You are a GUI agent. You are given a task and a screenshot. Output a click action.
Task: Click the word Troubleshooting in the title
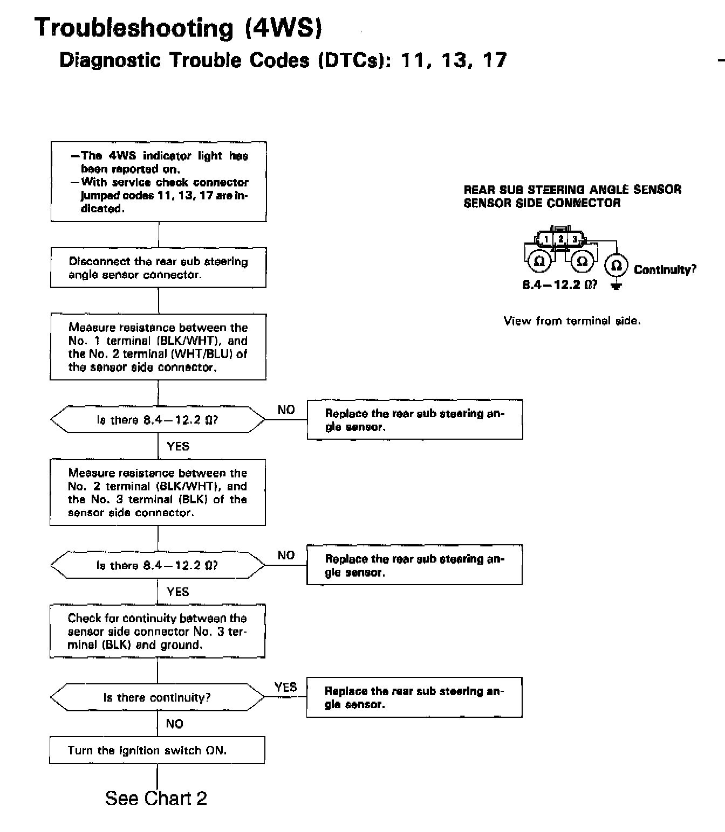pos(134,27)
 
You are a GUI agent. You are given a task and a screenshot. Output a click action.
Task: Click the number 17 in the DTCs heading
pos(495,60)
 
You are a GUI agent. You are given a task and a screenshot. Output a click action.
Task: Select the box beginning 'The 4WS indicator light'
pos(159,182)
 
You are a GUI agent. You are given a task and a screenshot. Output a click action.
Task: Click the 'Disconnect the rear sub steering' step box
pos(158,267)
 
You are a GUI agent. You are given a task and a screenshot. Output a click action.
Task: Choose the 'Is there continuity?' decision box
pos(157,697)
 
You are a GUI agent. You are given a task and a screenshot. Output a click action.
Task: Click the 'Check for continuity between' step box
pos(157,631)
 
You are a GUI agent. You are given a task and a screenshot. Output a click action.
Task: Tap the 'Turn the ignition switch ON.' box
pos(157,750)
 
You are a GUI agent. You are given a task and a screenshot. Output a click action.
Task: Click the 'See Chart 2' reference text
pos(156,798)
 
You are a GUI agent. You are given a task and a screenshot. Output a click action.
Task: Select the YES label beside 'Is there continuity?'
pos(285,687)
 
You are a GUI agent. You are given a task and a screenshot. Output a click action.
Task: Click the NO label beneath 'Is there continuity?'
pos(174,724)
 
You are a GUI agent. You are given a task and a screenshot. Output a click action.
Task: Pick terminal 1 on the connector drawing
pos(546,239)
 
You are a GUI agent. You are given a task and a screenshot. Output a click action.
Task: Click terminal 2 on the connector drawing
pos(560,239)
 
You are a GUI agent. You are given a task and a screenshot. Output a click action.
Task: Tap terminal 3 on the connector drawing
pos(574,239)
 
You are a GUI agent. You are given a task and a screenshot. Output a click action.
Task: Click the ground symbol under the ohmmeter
pos(615,286)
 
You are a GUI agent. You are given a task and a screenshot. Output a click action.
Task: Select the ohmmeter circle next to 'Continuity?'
pos(615,266)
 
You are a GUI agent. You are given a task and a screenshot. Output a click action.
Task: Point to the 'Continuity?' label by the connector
pos(665,269)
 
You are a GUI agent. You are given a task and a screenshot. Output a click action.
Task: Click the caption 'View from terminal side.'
pos(572,321)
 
